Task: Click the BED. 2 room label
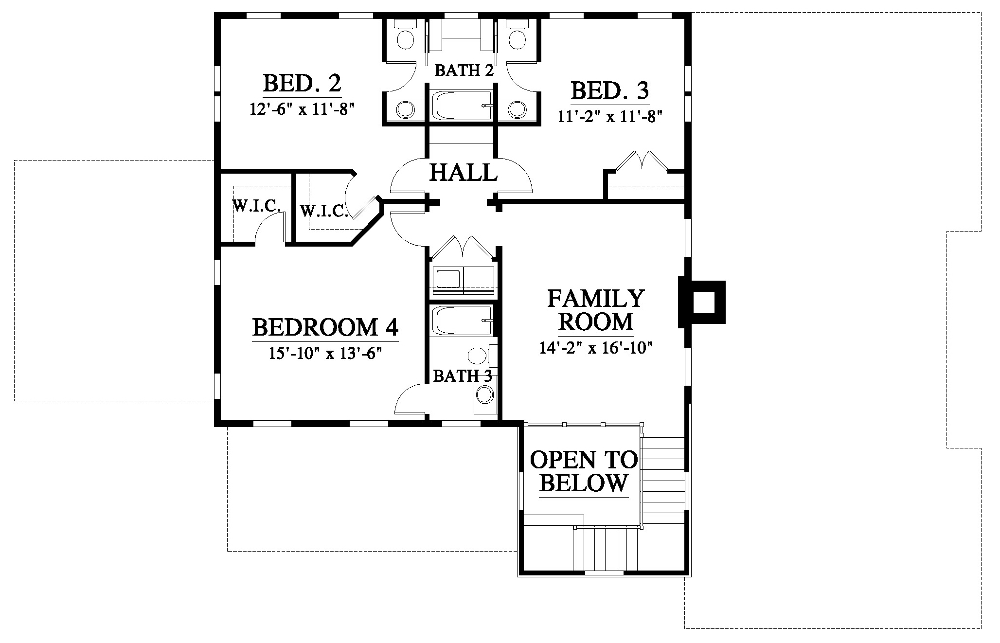coord(302,83)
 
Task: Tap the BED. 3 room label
coord(610,91)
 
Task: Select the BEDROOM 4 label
coord(325,327)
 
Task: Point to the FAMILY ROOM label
coord(596,310)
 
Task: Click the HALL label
coord(464,172)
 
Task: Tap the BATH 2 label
coord(464,71)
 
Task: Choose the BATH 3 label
coord(463,376)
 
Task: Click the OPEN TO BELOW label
coord(584,471)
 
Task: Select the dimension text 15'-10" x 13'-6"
coord(324,353)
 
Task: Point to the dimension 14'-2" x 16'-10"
coord(596,348)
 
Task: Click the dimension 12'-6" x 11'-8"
coord(301,108)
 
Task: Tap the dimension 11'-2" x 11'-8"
coord(610,117)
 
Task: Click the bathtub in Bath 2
coord(462,105)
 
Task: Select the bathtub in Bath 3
coord(462,321)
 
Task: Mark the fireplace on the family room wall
coord(702,302)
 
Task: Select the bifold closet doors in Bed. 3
coord(643,161)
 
